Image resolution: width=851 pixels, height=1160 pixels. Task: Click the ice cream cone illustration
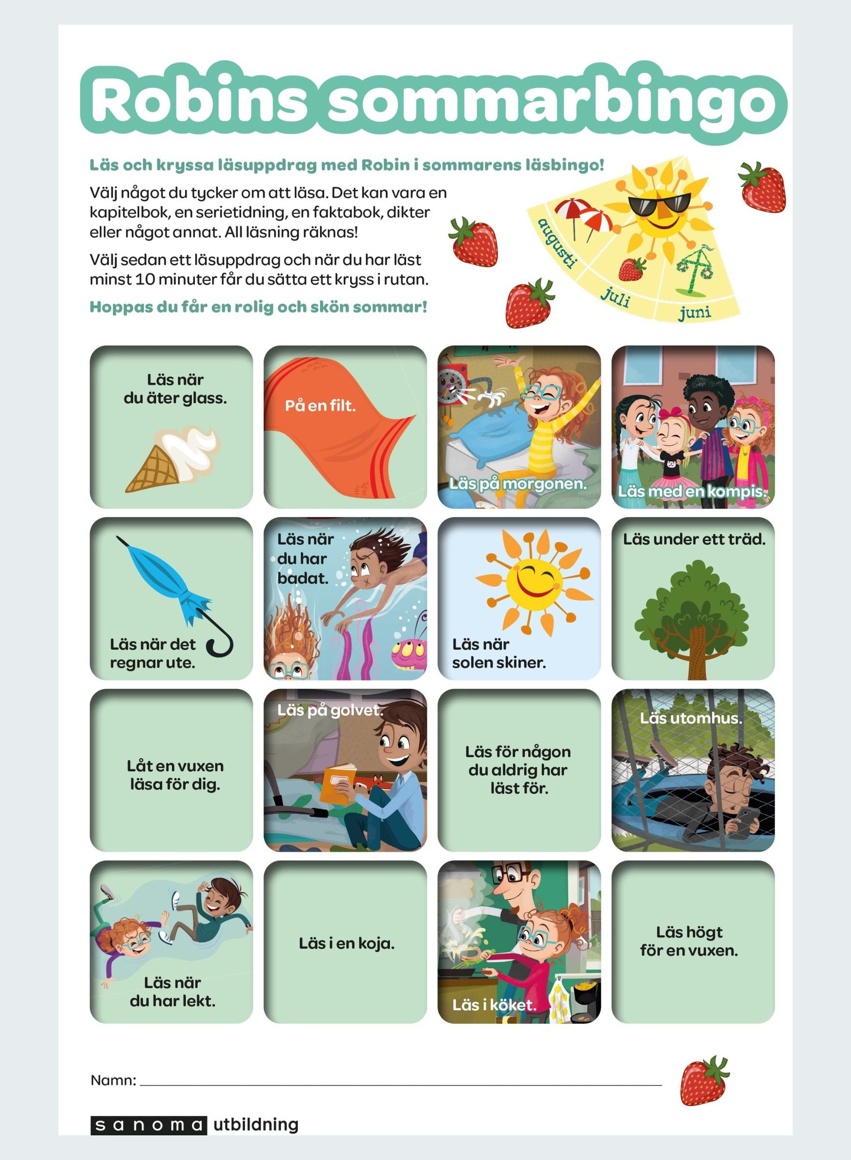(170, 458)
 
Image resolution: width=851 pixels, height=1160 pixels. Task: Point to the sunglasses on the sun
(659, 204)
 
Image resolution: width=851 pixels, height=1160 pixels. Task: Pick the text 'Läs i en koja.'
(346, 943)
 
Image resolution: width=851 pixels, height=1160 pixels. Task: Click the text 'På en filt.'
(321, 406)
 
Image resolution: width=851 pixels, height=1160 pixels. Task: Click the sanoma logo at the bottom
(148, 1124)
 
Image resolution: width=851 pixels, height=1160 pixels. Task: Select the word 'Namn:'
(113, 1080)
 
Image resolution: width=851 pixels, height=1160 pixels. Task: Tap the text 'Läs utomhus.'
(691, 718)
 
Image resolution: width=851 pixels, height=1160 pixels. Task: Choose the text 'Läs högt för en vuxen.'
(689, 941)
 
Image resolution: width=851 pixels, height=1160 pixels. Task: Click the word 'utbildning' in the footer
(255, 1124)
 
